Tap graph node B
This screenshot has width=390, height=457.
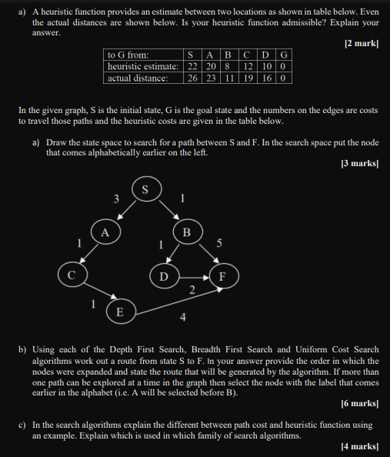pos(185,232)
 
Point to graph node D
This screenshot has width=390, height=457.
pos(162,275)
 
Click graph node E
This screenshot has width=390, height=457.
pos(119,312)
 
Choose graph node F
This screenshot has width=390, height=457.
pos(223,275)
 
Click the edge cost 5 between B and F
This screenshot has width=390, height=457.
pos(219,244)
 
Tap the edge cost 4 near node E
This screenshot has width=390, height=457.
pos(182,317)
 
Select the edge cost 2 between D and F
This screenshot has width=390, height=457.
pos(192,289)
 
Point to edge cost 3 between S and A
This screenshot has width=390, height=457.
pos(116,199)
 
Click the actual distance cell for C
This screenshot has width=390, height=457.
pos(249,78)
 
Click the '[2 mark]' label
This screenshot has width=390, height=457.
pos(362,44)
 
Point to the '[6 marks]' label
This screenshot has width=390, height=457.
pos(359,403)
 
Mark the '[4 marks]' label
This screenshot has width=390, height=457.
pos(359,446)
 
